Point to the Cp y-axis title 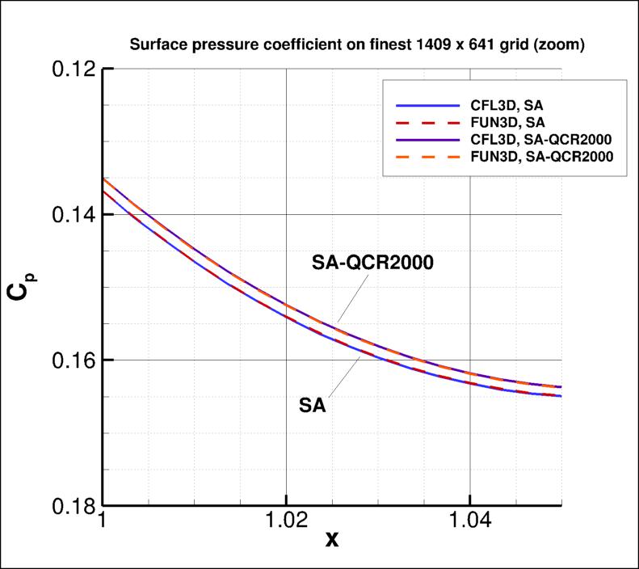pyautogui.click(x=19, y=288)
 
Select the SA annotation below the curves pyautogui.click(x=312, y=405)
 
